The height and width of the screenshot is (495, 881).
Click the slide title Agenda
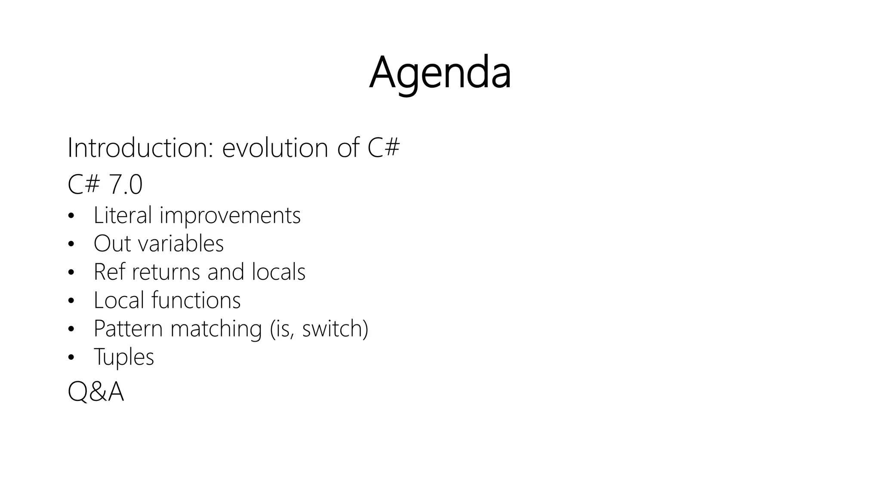point(440,73)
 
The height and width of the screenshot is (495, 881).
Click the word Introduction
point(140,148)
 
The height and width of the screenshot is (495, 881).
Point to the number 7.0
point(125,185)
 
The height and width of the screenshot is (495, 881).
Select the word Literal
point(123,215)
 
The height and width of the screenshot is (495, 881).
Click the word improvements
point(230,215)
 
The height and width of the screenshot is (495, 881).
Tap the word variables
point(180,244)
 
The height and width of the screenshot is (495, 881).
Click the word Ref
point(110,272)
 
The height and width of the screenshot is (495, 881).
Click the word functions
point(196,300)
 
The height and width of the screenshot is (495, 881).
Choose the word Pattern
point(128,329)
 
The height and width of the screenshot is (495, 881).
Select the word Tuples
point(124,357)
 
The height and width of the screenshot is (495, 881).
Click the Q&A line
point(96,392)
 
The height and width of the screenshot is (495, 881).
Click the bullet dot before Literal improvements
point(71,216)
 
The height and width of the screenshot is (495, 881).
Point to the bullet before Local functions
point(71,301)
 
